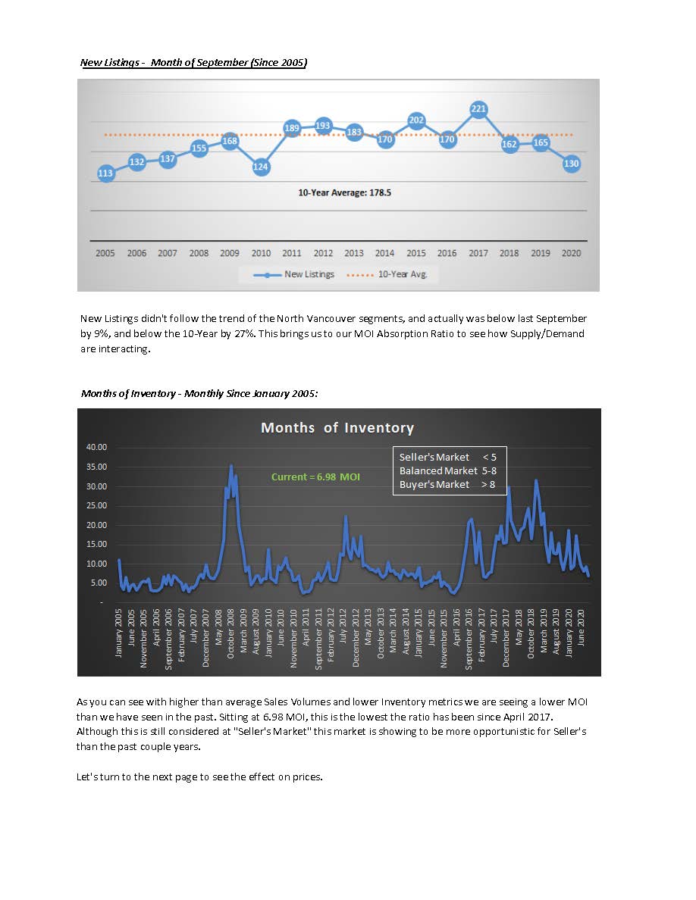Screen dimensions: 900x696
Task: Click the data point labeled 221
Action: [478, 109]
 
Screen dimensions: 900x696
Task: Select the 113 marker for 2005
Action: [105, 173]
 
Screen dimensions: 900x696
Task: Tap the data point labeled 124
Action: [261, 166]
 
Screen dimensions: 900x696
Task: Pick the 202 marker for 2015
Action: [415, 120]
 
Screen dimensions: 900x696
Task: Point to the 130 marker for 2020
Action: [572, 164]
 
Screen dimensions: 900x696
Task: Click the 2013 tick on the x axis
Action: [354, 253]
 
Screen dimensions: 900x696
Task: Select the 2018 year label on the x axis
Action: [509, 253]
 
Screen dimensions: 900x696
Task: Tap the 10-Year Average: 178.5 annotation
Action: [345, 193]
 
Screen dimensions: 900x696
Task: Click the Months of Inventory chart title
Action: [337, 427]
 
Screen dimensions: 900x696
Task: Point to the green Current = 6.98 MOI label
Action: [315, 477]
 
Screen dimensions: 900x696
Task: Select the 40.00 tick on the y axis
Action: [97, 447]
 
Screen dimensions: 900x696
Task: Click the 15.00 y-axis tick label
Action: [97, 544]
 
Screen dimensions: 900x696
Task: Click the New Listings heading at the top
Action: [194, 62]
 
